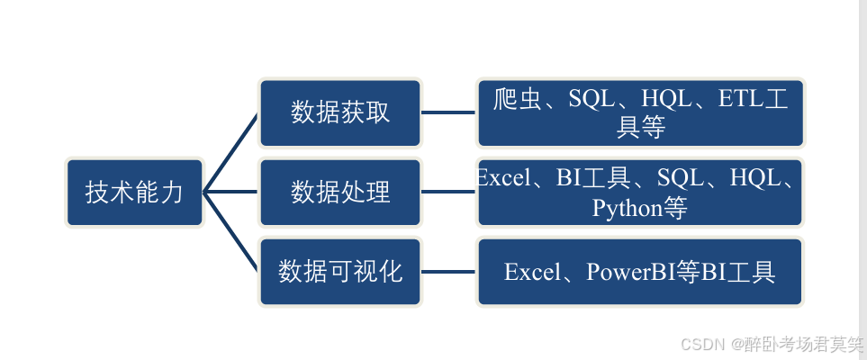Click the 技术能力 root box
(134, 192)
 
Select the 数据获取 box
(340, 112)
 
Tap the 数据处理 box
(340, 192)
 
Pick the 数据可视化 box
(340, 271)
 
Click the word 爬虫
(518, 99)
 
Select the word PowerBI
(630, 272)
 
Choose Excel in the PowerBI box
(531, 272)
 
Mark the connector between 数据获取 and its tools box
(448, 112)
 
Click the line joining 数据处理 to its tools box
(448, 192)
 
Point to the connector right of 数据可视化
(448, 271)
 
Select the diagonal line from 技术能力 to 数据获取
(231, 152)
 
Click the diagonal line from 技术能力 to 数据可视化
(231, 231)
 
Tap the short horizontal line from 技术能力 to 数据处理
(231, 192)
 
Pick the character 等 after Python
(675, 209)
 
